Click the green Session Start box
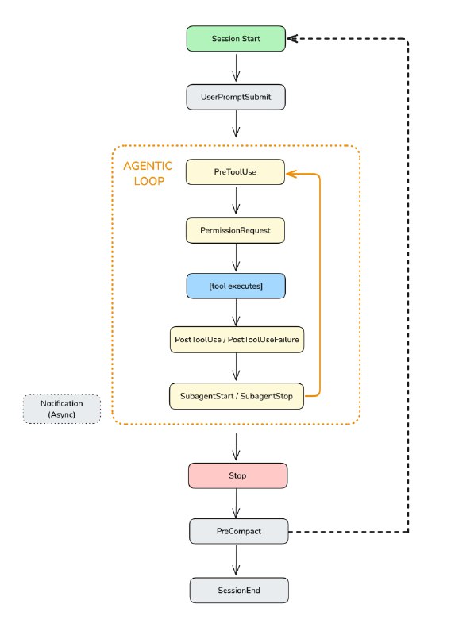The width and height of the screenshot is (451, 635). (236, 39)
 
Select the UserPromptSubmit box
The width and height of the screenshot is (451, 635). (236, 97)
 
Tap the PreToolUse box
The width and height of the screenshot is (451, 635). (236, 172)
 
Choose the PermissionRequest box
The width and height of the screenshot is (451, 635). (236, 230)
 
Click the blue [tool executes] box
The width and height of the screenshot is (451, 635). (236, 286)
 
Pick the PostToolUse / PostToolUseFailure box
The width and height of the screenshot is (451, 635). (236, 340)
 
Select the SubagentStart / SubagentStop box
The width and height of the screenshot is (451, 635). (236, 395)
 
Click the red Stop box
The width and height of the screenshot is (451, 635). (236, 476)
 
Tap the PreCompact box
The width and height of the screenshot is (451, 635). (236, 531)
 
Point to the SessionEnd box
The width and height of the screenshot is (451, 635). (236, 590)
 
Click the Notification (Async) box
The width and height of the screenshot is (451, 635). (61, 409)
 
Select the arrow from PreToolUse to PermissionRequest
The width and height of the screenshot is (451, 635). (236, 201)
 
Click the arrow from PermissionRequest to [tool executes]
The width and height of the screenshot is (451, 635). (236, 257)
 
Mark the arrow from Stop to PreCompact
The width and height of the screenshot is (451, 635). (236, 503)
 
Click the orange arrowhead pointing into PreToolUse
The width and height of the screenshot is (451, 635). (291, 172)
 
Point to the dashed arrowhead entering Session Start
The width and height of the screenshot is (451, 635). (291, 38)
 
